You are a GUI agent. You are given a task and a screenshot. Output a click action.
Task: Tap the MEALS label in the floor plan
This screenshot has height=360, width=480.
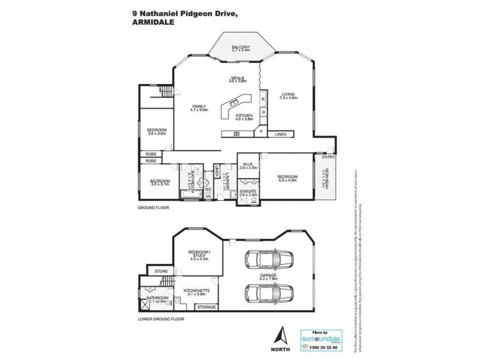coord(238,78)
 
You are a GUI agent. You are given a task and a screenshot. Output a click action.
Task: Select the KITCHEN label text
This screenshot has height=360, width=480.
coord(244,114)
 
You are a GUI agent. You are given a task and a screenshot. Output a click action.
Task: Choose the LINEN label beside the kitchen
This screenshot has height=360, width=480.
coord(280,134)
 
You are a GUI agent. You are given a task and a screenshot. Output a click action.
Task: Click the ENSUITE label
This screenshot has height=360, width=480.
coord(248,193)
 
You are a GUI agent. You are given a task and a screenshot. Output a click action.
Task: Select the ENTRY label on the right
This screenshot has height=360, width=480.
coord(328,157)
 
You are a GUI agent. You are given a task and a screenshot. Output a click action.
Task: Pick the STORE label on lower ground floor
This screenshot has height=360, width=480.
coord(161,272)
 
